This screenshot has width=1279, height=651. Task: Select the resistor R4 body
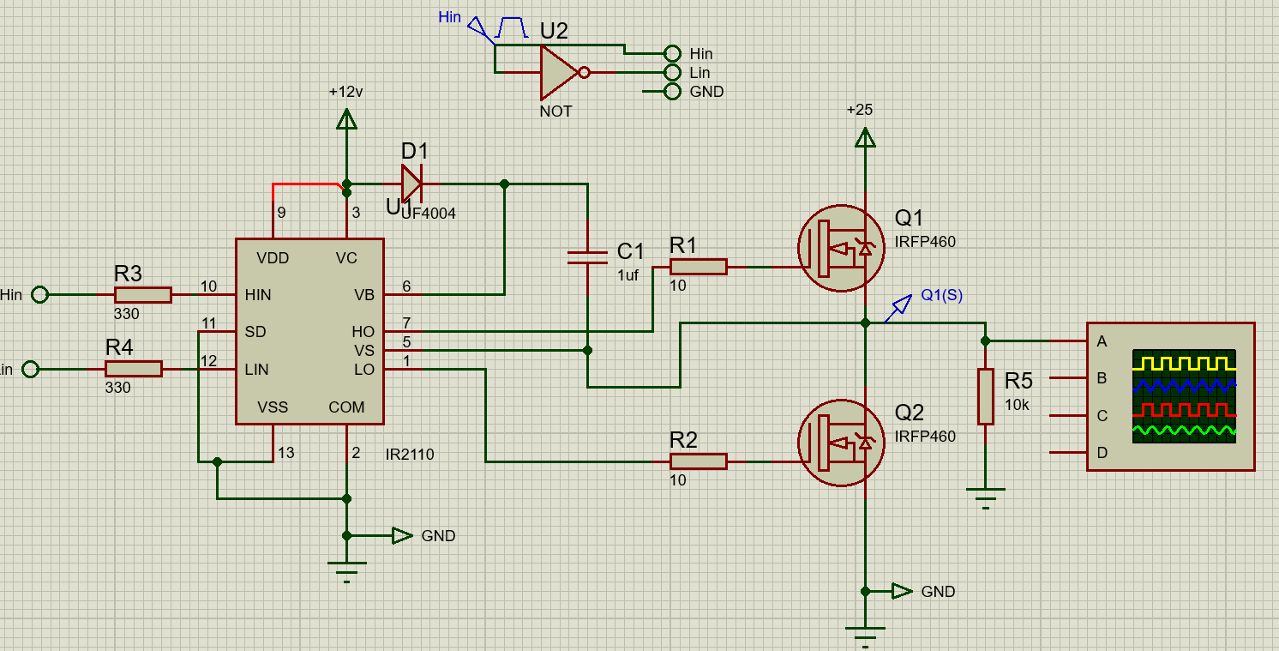point(134,369)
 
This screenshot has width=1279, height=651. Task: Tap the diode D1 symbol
point(412,183)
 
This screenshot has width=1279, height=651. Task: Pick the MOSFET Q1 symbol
point(841,249)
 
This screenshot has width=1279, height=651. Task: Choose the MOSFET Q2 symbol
point(841,443)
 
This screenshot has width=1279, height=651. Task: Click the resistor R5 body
point(986,396)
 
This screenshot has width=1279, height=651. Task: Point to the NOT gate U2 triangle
point(557,73)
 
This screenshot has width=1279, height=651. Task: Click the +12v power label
point(346,92)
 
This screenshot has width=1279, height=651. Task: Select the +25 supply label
point(859,110)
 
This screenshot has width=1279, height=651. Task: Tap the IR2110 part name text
point(410,455)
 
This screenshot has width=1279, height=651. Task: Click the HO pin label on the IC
point(363,332)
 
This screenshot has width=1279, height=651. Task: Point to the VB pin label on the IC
point(364,295)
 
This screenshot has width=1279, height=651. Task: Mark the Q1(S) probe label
point(941,295)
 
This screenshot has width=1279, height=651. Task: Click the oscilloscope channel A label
point(1102,341)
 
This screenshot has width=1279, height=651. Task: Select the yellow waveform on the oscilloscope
point(1184,361)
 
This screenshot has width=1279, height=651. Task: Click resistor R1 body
point(698,267)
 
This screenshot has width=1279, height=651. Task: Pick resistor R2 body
point(698,461)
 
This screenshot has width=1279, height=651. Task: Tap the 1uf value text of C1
point(628,274)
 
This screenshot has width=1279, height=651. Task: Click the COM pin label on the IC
point(346,407)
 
